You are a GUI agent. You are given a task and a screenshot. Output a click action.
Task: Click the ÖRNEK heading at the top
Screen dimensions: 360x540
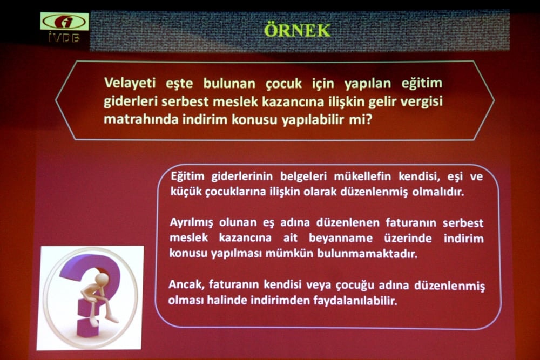296,30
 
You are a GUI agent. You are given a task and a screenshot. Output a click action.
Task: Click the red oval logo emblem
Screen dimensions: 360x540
64,22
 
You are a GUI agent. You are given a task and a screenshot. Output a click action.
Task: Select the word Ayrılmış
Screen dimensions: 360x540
193,223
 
